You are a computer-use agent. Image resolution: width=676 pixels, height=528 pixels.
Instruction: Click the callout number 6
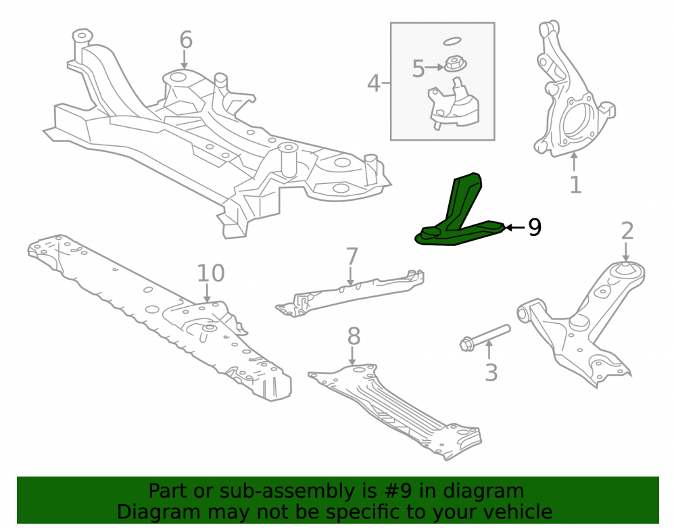coord(186,40)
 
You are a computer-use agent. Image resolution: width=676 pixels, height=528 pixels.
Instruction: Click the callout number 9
coord(535,227)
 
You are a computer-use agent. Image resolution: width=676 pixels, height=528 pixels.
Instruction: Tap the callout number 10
coord(211,273)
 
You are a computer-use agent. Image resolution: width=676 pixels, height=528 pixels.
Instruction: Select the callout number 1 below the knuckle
coord(575,185)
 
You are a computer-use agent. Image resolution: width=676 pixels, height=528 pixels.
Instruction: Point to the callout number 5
coord(418,68)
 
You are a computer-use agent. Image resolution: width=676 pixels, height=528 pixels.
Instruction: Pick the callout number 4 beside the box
coord(373,83)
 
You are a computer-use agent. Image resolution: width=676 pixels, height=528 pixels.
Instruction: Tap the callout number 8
coord(354,336)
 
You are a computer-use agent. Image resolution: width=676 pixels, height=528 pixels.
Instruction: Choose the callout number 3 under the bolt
coord(491,373)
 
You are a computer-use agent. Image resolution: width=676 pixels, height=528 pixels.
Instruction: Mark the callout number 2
coord(627,231)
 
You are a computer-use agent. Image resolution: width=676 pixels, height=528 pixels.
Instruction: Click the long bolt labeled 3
coord(485,337)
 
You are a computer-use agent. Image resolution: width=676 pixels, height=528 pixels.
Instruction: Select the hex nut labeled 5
coord(454,65)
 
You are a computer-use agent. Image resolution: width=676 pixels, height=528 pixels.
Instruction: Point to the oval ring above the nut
coord(452,41)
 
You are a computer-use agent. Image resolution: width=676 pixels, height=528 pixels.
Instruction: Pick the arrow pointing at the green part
coord(514,227)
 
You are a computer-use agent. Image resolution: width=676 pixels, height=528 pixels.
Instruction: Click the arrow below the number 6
coord(185,59)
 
